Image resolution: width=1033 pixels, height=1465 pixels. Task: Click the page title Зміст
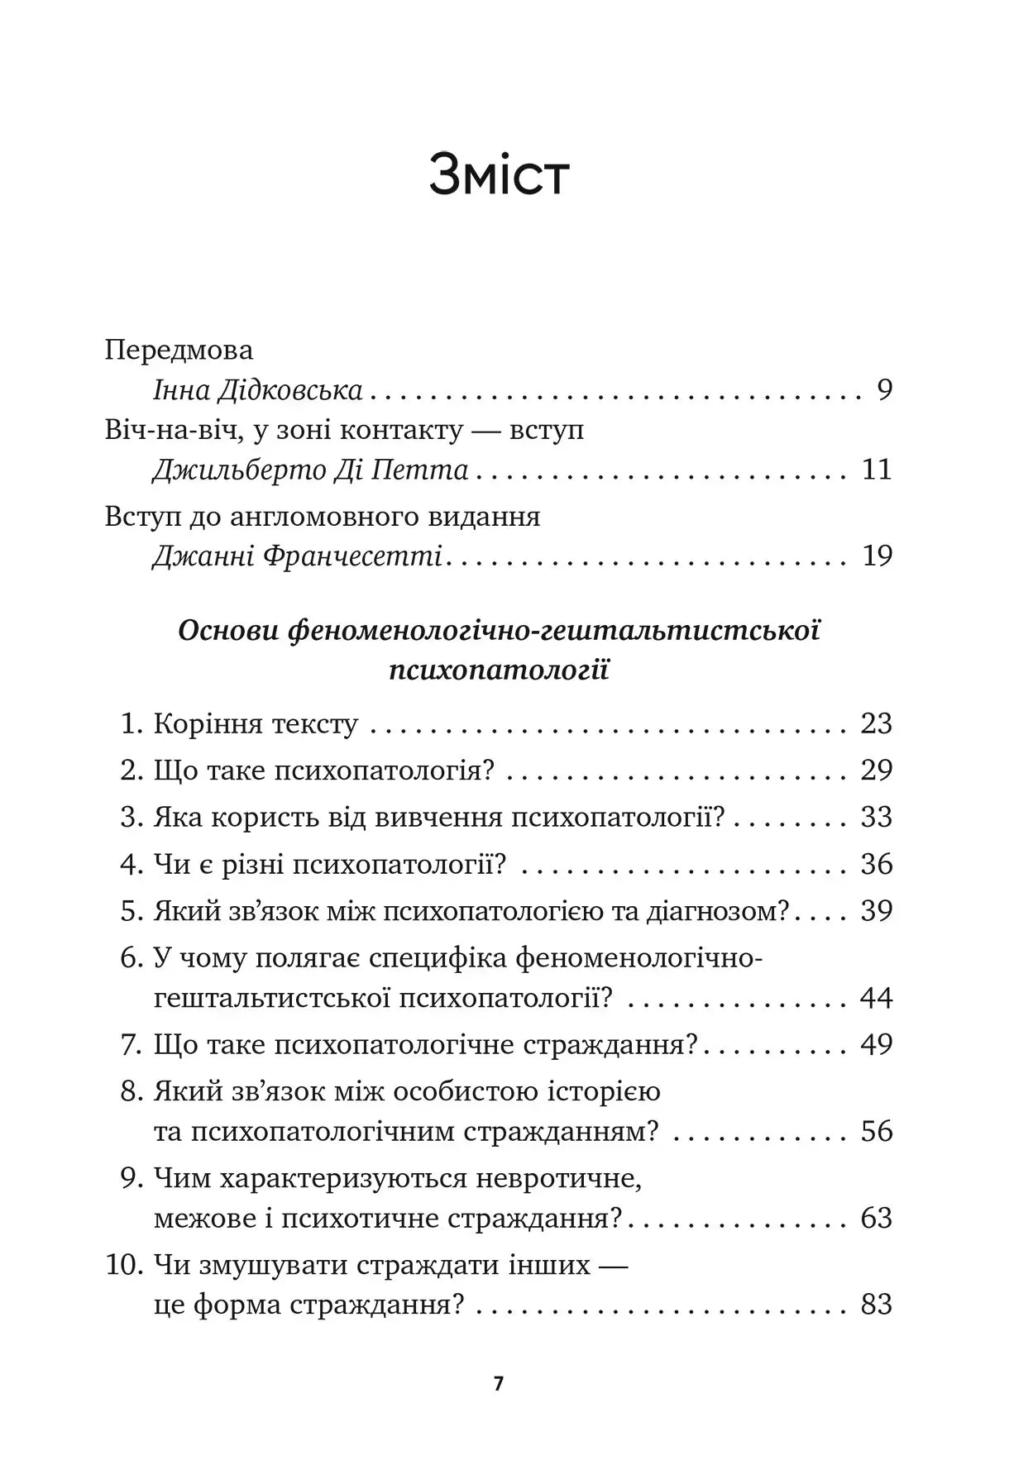coord(499,175)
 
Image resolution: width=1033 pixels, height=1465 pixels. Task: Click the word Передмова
coord(179,350)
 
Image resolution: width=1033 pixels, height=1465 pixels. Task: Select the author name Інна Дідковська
coord(258,390)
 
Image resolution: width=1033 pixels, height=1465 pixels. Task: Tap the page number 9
coord(884,390)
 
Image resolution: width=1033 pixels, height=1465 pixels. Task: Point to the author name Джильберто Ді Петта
coord(310,470)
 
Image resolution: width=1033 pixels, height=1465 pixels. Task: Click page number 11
coord(877,470)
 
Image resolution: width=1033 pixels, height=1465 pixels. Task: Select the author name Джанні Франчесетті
coord(297,556)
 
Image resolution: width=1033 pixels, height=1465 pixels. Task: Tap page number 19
coord(877,556)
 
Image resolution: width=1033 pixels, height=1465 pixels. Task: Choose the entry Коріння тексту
coord(256,724)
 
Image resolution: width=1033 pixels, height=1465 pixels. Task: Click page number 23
coord(877,723)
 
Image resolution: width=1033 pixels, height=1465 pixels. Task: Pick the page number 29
coord(877,771)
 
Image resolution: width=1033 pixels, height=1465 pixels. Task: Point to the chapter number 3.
coord(131,818)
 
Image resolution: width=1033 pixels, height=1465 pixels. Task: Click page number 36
coord(877,865)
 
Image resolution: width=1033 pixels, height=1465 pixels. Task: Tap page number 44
coord(877,998)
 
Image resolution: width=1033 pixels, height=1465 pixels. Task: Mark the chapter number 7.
coord(131,1045)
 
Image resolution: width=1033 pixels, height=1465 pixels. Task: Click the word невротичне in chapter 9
coord(558,1179)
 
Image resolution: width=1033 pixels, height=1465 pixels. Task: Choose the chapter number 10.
coord(124,1266)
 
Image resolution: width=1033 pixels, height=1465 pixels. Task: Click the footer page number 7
coord(498,1384)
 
